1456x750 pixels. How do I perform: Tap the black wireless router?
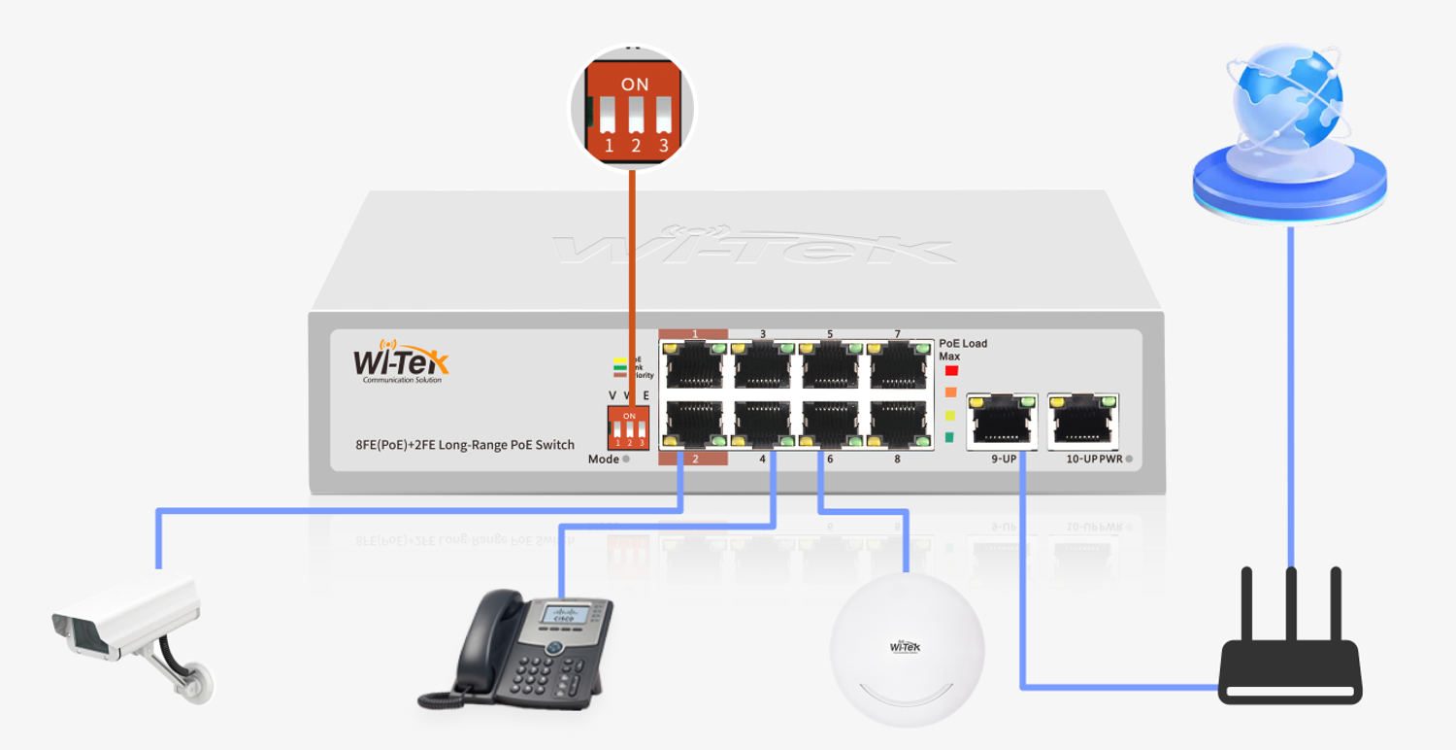[x=1290, y=670]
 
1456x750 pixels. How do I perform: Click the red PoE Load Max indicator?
[x=951, y=370]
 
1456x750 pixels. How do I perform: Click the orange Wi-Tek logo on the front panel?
[x=401, y=360]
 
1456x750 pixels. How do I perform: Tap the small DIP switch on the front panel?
[x=628, y=427]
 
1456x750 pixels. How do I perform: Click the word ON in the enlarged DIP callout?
[x=635, y=85]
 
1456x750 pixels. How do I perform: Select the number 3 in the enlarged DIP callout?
[x=664, y=147]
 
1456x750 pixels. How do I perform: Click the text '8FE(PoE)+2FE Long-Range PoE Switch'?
[x=465, y=445]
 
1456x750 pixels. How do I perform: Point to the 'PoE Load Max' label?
[x=962, y=349]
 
